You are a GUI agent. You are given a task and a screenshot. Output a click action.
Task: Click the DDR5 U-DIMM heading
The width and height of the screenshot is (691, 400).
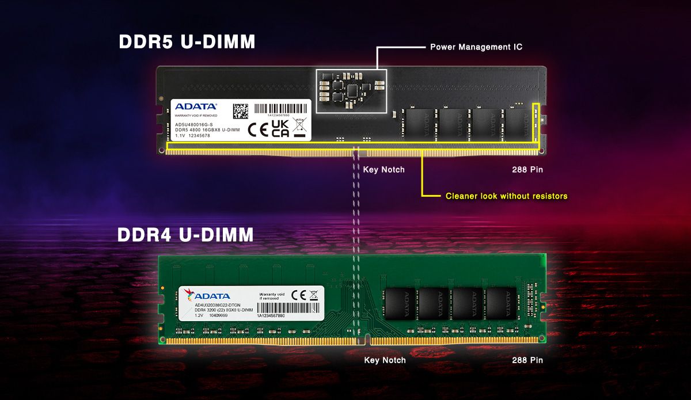coord(187,42)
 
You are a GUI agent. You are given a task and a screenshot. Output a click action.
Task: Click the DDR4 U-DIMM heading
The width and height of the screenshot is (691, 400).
coord(185,235)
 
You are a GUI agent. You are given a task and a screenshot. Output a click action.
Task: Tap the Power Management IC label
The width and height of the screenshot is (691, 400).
coord(476,47)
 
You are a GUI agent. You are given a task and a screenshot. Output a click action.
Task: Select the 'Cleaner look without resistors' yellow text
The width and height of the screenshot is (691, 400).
coord(506,196)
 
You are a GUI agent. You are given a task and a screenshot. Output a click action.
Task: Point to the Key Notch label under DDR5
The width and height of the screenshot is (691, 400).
coord(384,170)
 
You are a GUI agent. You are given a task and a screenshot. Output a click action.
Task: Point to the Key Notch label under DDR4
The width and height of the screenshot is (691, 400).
coord(385,360)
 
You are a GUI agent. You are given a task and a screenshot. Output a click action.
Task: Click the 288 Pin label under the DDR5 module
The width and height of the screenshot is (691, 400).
coord(527,170)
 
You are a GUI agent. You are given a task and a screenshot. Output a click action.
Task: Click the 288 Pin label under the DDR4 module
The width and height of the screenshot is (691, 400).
coord(527,360)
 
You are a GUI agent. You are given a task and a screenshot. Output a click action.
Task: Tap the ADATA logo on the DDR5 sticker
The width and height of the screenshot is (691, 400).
coord(196,106)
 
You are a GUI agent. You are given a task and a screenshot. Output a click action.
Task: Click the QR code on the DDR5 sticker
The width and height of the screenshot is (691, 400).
coord(241,111)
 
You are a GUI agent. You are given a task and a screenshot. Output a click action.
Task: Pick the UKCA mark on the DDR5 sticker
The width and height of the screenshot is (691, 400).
coord(280,129)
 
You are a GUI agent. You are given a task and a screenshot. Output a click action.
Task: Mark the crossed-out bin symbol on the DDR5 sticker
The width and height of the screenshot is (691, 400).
coord(299,128)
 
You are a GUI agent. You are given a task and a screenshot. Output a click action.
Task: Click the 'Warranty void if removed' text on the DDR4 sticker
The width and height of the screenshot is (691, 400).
coord(272,296)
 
